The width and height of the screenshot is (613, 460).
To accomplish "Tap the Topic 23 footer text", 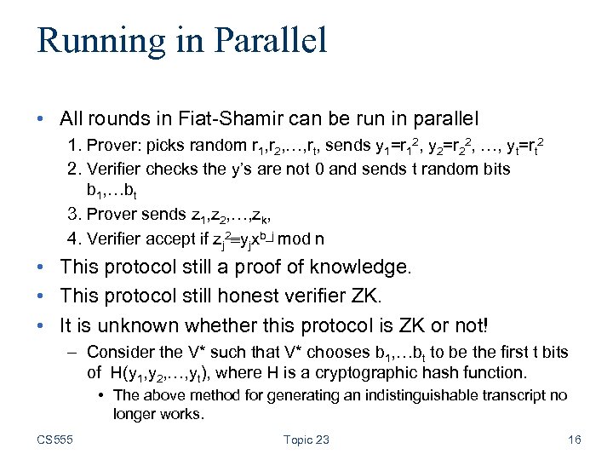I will tap(306, 440).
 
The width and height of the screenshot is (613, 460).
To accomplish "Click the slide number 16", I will tap(573, 440).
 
